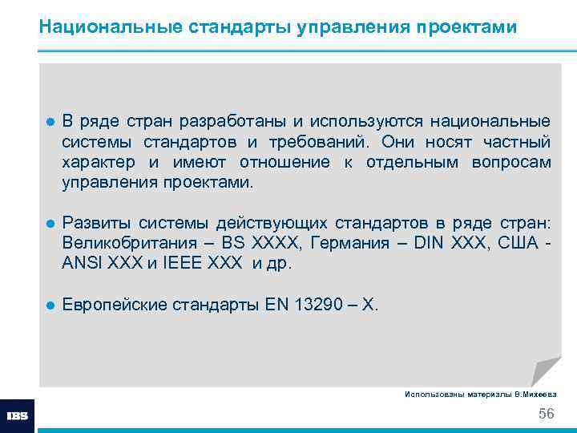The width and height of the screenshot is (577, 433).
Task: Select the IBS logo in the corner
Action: pos(17,416)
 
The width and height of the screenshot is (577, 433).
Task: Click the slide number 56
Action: pos(546,414)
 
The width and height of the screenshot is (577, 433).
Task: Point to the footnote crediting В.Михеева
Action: pos(481,395)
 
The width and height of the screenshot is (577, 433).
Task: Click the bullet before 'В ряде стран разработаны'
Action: pos(50,122)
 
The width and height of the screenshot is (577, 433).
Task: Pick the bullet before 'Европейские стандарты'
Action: pos(50,306)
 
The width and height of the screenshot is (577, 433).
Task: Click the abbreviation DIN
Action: pos(431,243)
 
